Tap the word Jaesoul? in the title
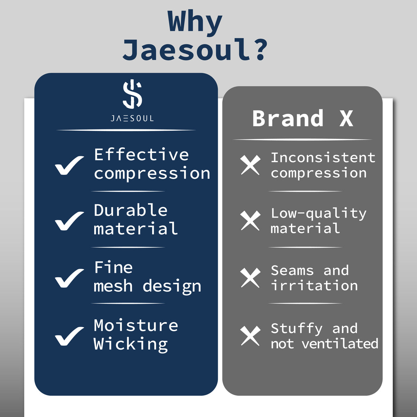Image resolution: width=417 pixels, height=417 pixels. click(195, 50)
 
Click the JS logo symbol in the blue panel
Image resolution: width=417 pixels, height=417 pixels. click(132, 94)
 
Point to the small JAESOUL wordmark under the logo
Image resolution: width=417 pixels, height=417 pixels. click(132, 118)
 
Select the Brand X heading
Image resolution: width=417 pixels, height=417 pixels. click(302, 118)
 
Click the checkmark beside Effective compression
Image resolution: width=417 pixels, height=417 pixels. click(69, 165)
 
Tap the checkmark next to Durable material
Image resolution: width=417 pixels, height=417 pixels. click(69, 221)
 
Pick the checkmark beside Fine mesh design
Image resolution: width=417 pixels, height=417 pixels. click(69, 278)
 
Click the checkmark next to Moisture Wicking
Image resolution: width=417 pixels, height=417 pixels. click(69, 336)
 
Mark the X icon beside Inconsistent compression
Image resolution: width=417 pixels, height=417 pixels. click(250, 165)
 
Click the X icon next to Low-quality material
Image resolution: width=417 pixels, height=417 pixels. click(250, 220)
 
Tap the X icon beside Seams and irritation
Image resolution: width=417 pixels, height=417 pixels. click(250, 278)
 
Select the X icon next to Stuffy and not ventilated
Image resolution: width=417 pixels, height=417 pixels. click(250, 336)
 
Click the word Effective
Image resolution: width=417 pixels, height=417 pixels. click(141, 155)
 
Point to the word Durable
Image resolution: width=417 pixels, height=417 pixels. click(131, 210)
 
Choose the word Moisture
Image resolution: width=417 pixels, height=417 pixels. click(136, 326)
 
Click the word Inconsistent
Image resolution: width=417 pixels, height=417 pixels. click(323, 158)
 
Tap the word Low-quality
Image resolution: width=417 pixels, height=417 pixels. click(319, 214)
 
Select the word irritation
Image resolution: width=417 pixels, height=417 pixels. click(314, 286)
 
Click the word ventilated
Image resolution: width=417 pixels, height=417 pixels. click(340, 344)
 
